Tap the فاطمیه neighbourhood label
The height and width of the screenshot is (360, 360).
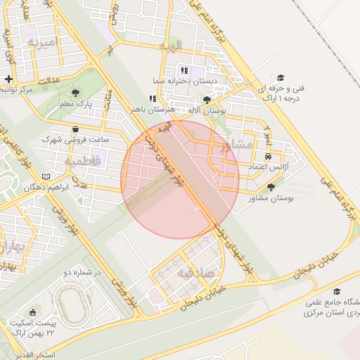(83, 161)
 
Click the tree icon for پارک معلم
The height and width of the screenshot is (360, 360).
(76, 92)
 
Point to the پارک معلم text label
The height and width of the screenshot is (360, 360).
(76, 104)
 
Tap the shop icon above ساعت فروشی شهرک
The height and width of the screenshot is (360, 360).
(76, 129)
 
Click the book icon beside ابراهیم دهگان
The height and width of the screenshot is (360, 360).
(46, 176)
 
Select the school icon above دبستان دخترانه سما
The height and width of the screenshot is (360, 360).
(184, 70)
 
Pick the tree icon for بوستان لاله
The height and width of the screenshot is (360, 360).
(206, 101)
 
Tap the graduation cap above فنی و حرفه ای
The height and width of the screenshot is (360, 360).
(281, 77)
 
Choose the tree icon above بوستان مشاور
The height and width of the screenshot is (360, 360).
(271, 187)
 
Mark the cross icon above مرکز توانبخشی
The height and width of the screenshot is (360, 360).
(8, 79)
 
